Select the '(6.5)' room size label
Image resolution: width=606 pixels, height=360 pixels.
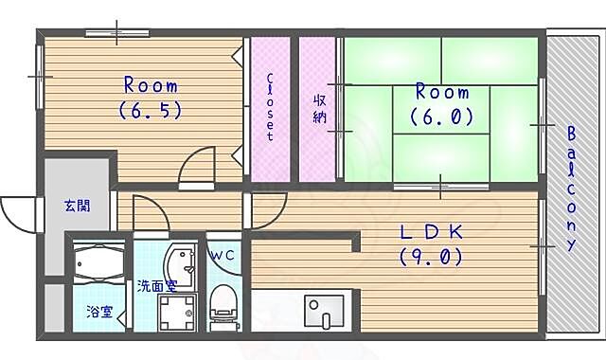[x=150, y=110]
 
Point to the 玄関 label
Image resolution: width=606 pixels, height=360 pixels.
[x=78, y=205]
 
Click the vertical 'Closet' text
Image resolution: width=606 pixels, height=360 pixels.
[x=269, y=106]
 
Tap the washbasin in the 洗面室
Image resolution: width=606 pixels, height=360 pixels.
[x=180, y=262]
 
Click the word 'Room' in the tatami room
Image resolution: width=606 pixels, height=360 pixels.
[x=442, y=93]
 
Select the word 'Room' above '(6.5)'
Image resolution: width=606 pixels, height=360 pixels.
[x=151, y=86]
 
